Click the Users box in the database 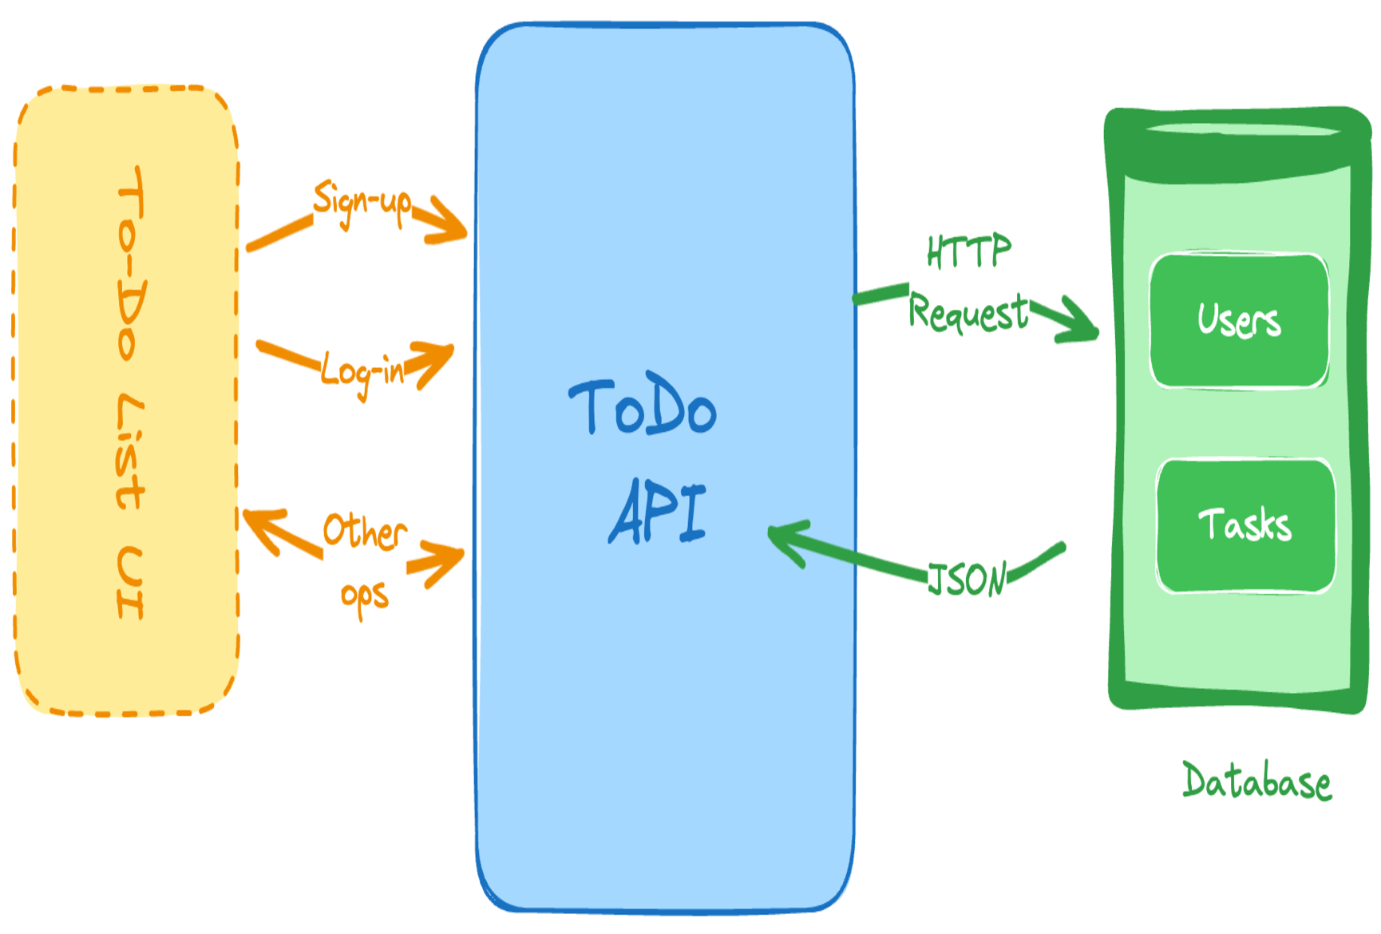[x=1238, y=321]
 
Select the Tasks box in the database [x=1244, y=525]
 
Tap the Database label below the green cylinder [x=1256, y=782]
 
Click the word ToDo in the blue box [x=643, y=407]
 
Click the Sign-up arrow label [x=362, y=203]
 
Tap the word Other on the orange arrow [x=364, y=532]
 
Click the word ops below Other [x=364, y=596]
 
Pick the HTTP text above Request [x=968, y=252]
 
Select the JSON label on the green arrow [x=967, y=580]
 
